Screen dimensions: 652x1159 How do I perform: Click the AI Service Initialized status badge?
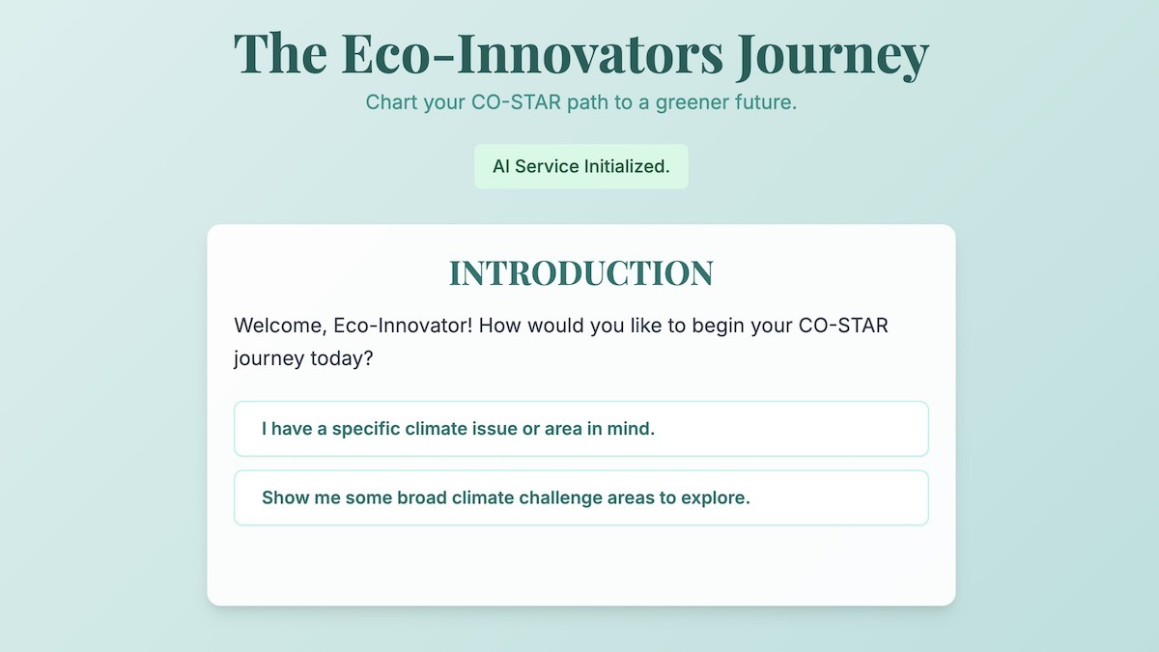(x=580, y=166)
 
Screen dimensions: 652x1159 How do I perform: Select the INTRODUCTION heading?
(x=580, y=273)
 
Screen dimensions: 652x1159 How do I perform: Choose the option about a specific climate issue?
(x=580, y=429)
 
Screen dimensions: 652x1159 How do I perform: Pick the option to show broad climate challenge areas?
(x=580, y=498)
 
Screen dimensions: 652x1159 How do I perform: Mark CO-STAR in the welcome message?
(x=843, y=326)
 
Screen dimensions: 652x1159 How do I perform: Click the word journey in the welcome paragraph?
(x=269, y=358)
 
